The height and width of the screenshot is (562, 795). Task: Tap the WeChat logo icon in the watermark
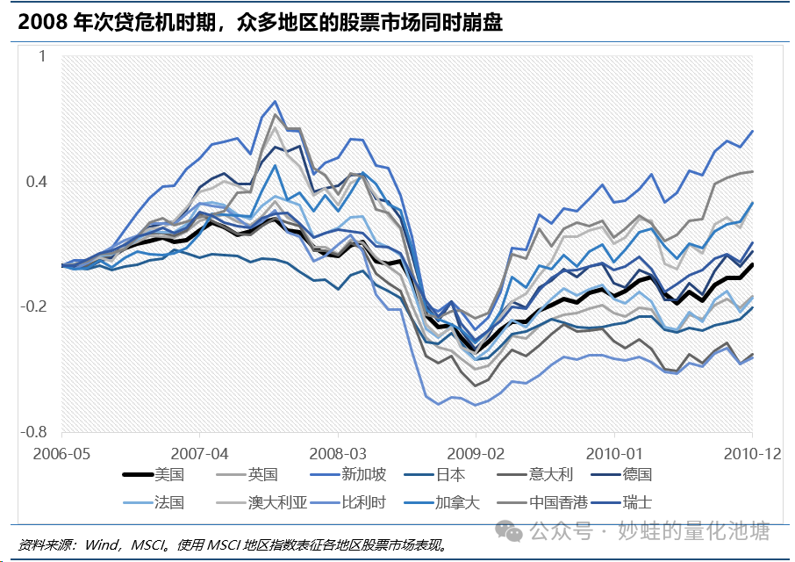[507, 531]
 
